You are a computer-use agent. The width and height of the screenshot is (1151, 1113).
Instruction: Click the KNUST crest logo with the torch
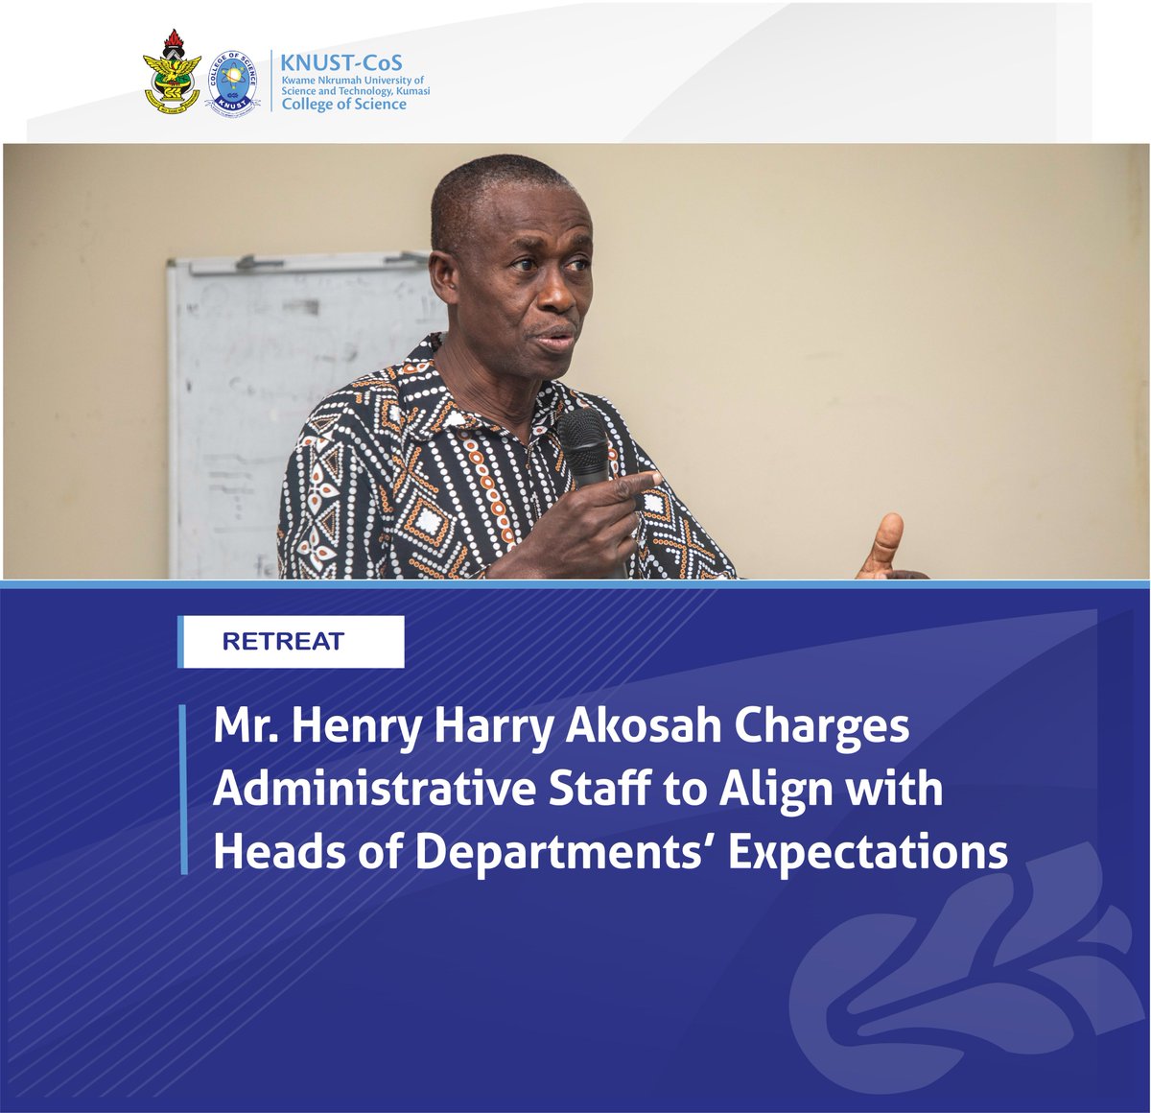(172, 74)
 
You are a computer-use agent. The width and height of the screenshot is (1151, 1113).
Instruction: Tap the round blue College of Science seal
(231, 81)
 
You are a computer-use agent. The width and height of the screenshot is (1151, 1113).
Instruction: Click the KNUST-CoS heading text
(341, 63)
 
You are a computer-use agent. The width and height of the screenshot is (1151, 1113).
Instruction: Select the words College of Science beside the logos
(343, 104)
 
